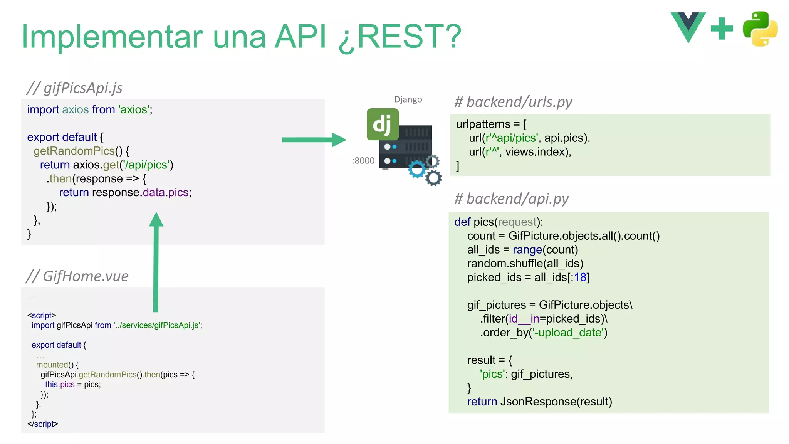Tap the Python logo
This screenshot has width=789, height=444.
pos(760,29)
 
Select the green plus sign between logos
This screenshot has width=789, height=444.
pos(722,29)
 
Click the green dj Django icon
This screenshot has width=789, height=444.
pos(382,124)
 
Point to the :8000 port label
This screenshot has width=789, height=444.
pos(363,161)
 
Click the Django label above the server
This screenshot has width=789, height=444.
pos(408,99)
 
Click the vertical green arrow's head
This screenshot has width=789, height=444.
pos(156,220)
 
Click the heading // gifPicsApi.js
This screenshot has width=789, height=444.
pos(74,88)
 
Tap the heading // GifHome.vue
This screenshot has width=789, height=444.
pos(77,276)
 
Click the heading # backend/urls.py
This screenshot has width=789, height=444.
pos(513,102)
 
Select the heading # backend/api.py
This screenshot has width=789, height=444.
pos(511,198)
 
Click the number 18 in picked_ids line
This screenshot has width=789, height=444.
pos(580,277)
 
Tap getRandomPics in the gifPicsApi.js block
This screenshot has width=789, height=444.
pos(74,151)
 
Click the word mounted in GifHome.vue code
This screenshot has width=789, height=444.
pos(52,365)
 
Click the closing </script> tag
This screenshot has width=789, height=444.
pos(43,424)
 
